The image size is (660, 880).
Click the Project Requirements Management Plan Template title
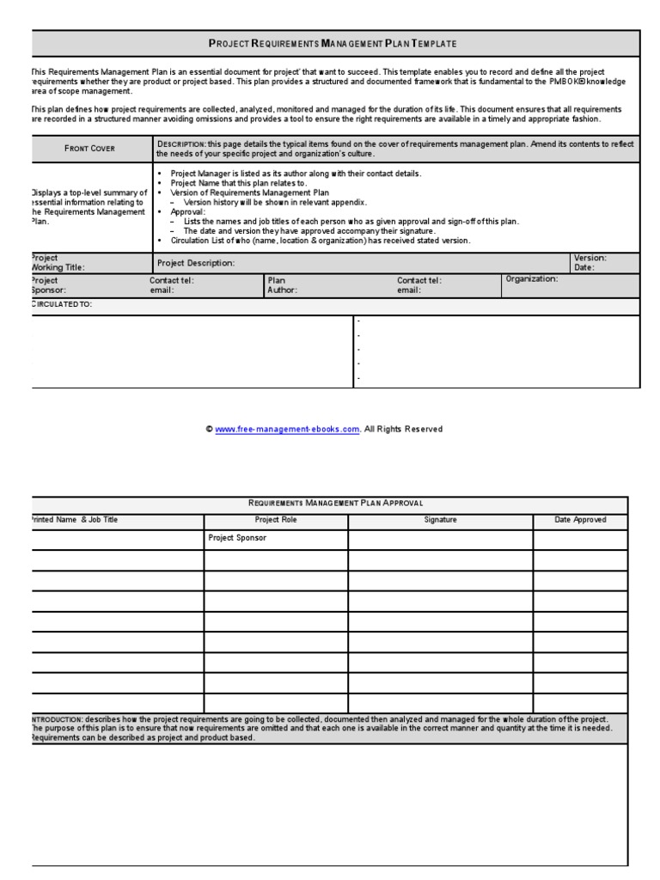pyautogui.click(x=333, y=43)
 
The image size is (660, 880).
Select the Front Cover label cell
pyautogui.click(x=90, y=149)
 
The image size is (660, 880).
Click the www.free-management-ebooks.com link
pyautogui.click(x=287, y=430)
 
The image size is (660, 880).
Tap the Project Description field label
pyautogui.click(x=196, y=263)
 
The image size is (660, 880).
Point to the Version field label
pyautogui.click(x=590, y=258)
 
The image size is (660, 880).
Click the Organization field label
pyautogui.click(x=531, y=279)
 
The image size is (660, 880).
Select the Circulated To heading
pyautogui.click(x=61, y=305)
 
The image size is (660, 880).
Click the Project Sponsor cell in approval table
pyautogui.click(x=237, y=538)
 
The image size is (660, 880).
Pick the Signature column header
pyautogui.click(x=440, y=520)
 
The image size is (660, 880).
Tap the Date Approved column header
pyautogui.click(x=580, y=520)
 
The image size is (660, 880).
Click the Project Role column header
pyautogui.click(x=275, y=520)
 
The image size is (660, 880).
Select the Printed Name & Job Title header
pyautogui.click(x=75, y=520)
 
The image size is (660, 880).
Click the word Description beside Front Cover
pyautogui.click(x=180, y=144)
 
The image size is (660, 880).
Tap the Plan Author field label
pyautogui.click(x=282, y=285)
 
